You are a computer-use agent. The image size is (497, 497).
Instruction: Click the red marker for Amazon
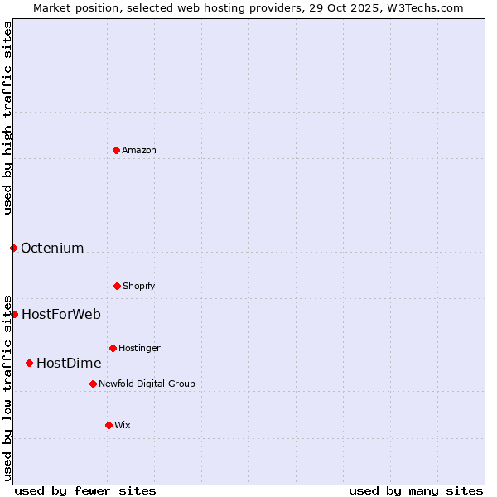(x=116, y=150)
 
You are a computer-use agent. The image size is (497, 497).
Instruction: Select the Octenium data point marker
(x=13, y=248)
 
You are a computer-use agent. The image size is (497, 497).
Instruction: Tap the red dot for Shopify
(x=117, y=286)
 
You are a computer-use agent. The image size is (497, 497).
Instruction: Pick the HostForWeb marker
(x=14, y=314)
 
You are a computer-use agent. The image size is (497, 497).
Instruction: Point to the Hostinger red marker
(x=113, y=348)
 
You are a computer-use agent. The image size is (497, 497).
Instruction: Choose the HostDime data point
(x=29, y=363)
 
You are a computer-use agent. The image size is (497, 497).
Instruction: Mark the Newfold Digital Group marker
(x=93, y=384)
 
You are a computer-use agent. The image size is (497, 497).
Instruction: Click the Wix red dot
(x=109, y=425)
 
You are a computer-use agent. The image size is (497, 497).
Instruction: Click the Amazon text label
(x=139, y=150)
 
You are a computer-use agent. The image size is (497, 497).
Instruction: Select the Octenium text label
(x=52, y=248)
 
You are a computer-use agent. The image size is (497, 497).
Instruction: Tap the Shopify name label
(x=139, y=286)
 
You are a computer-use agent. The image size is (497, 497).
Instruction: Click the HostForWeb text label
(x=61, y=314)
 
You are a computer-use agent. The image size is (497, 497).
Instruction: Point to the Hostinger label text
(x=139, y=348)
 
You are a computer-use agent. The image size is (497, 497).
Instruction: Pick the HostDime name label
(x=69, y=363)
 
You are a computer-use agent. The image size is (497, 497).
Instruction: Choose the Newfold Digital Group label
(x=147, y=384)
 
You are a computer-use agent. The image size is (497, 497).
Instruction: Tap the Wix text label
(x=123, y=425)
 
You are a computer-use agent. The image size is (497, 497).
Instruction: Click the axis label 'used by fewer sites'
(x=85, y=490)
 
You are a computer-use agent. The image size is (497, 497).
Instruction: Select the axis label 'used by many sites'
(x=416, y=490)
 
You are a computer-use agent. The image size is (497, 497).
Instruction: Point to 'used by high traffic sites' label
(x=7, y=118)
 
